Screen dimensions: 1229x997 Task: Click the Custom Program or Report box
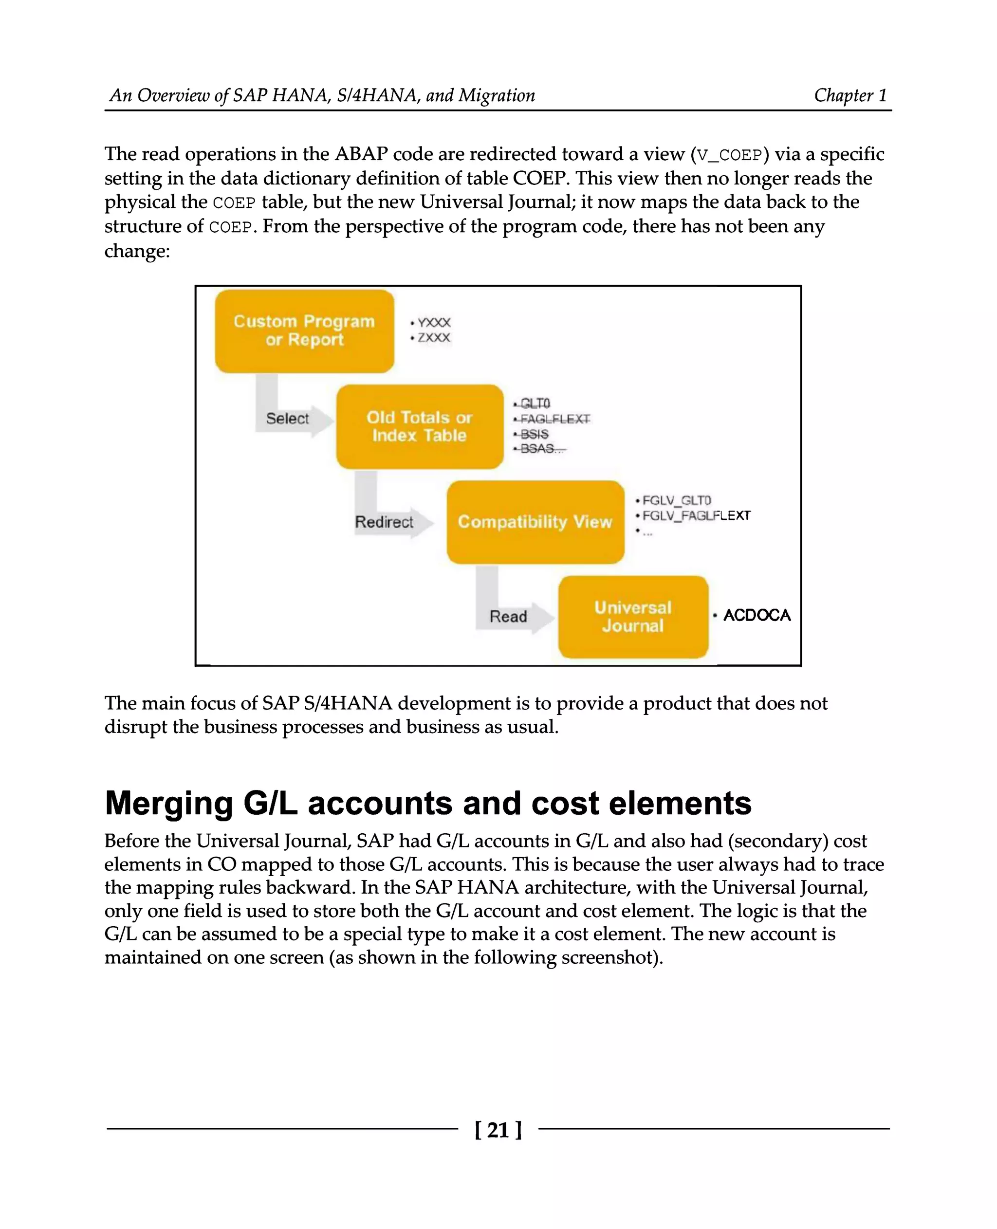coord(304,331)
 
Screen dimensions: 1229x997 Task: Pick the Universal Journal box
coord(632,617)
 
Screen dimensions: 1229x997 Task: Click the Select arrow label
coord(287,418)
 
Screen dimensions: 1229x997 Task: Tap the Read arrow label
coord(508,616)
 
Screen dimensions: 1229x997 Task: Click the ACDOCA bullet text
coord(757,615)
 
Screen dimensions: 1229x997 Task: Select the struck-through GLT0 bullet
coord(535,404)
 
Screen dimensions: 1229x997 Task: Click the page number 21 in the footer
coord(498,1130)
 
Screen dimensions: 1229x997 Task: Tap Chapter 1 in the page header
coord(850,95)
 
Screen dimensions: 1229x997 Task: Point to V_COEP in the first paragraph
coord(728,155)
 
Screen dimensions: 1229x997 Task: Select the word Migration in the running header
coord(496,95)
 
